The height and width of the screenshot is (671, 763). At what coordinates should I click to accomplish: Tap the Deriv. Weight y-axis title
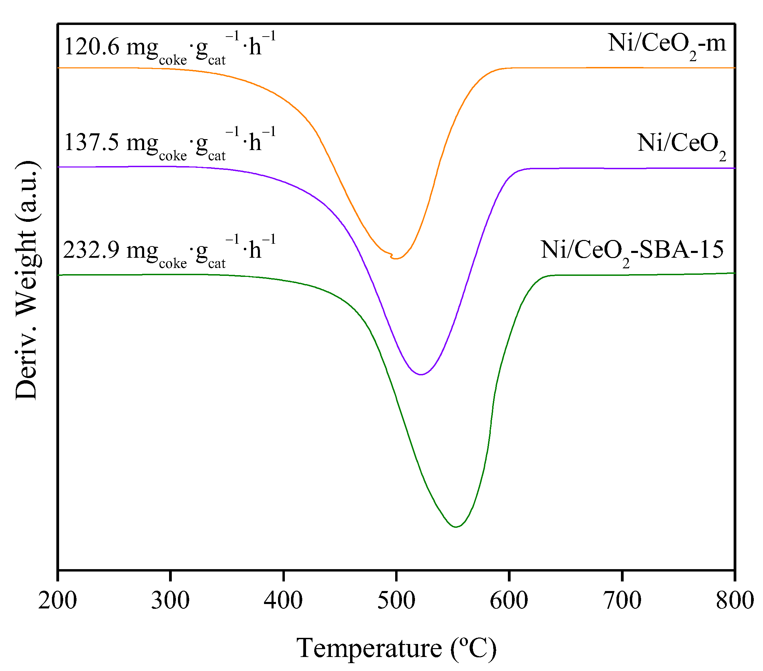[x=27, y=280]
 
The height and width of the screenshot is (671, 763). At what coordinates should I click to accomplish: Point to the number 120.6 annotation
[x=92, y=48]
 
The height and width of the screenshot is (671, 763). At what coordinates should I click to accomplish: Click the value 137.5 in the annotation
[x=92, y=143]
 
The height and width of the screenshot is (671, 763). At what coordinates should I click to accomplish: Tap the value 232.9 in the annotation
[x=92, y=250]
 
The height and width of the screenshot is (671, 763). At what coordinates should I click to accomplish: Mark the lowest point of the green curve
[x=456, y=527]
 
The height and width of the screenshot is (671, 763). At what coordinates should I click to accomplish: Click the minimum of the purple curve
[x=421, y=374]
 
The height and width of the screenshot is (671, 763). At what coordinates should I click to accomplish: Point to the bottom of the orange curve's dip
[x=397, y=258]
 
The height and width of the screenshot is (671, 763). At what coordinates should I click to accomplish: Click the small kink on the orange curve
[x=391, y=256]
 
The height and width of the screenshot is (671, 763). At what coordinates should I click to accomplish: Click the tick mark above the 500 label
[x=396, y=575]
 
